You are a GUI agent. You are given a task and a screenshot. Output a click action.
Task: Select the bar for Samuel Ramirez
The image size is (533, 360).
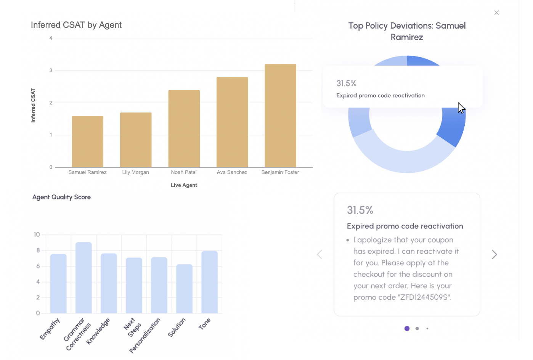[88, 141]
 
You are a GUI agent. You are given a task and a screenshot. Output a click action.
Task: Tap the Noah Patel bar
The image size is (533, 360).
[184, 129]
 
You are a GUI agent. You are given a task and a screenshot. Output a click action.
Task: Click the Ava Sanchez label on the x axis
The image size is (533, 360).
[232, 172]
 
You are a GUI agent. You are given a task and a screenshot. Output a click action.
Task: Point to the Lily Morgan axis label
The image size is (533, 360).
[135, 172]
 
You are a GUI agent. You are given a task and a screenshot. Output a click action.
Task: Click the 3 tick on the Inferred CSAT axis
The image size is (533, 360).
[51, 71]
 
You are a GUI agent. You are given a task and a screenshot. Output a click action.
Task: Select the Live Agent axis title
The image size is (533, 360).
[184, 185]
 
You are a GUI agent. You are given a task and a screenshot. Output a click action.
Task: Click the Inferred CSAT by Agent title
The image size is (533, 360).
[76, 25]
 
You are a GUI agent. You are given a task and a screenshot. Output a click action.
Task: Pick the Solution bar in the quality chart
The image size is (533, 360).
[184, 289]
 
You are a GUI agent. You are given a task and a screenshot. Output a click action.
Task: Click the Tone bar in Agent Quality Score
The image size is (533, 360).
[209, 282]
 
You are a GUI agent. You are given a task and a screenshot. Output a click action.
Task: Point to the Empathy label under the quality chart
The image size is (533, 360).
[50, 329]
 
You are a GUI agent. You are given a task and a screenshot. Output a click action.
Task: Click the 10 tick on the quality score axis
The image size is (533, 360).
[37, 235]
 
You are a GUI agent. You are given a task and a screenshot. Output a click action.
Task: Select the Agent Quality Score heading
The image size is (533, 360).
[61, 197]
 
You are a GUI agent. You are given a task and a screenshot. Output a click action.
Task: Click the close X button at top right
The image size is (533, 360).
[496, 13]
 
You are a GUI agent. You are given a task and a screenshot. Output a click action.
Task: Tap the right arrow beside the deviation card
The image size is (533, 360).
[494, 254]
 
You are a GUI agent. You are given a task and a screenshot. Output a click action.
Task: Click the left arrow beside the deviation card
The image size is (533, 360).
[319, 254]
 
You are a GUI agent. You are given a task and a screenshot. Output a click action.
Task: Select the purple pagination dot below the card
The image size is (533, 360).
[407, 328]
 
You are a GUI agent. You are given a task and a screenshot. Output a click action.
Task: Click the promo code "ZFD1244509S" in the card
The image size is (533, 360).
[424, 297]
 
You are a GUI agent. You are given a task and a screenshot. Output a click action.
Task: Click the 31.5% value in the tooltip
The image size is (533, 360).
[346, 84]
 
